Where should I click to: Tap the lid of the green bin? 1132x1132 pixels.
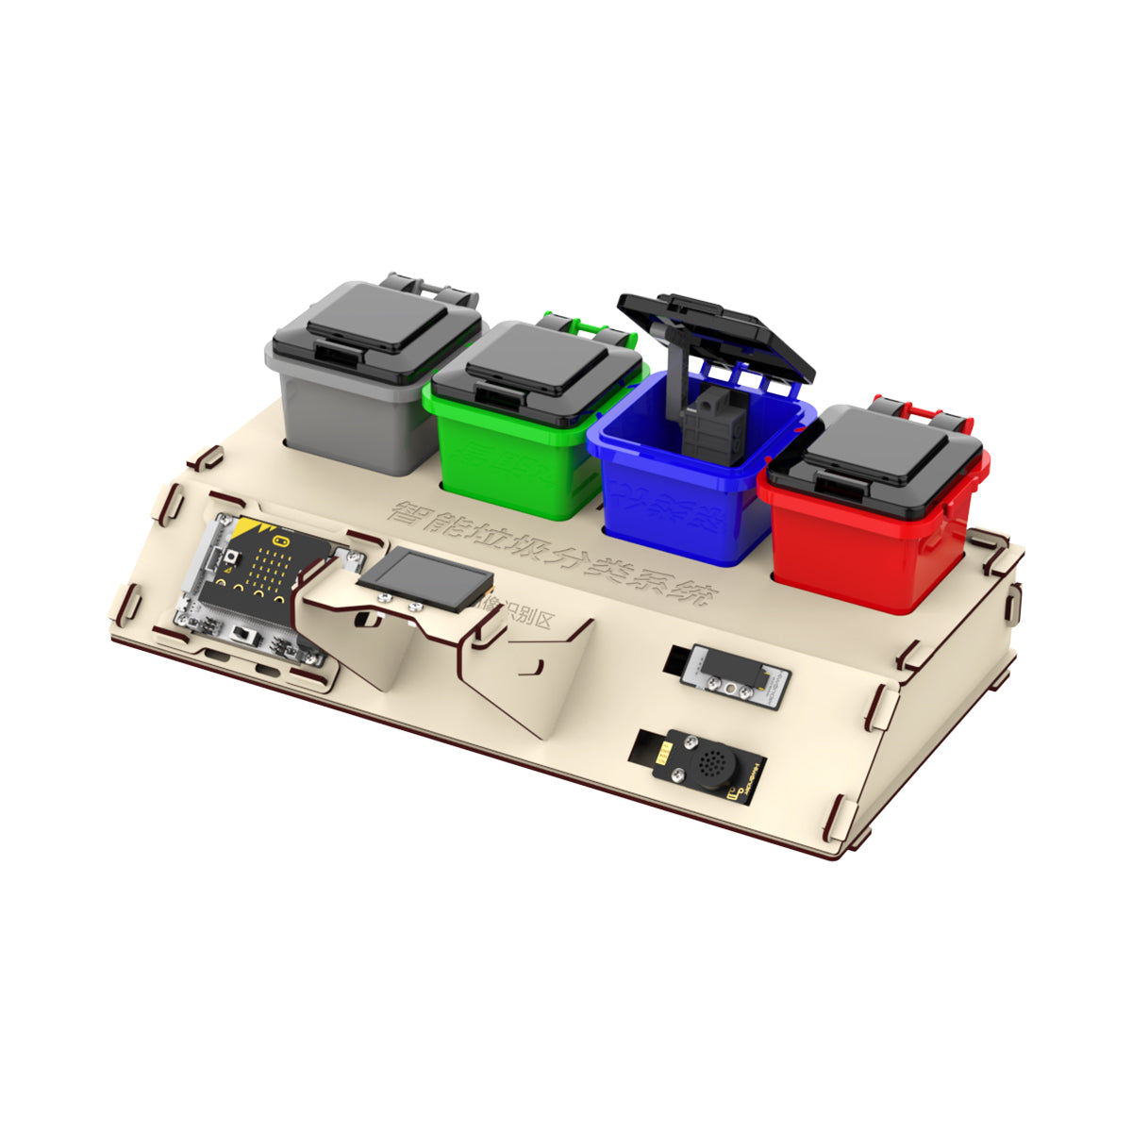point(538,363)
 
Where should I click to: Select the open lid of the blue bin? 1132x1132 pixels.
point(717,330)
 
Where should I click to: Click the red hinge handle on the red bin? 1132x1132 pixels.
point(920,411)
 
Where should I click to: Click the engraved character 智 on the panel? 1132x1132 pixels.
point(412,514)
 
